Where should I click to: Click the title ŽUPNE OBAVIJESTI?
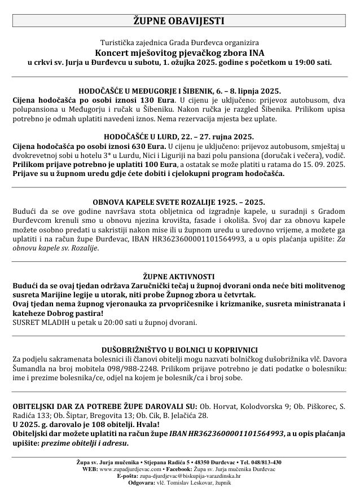(x=179, y=21)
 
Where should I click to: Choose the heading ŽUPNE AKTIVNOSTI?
(x=179, y=276)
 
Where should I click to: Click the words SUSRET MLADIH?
(x=37, y=323)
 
